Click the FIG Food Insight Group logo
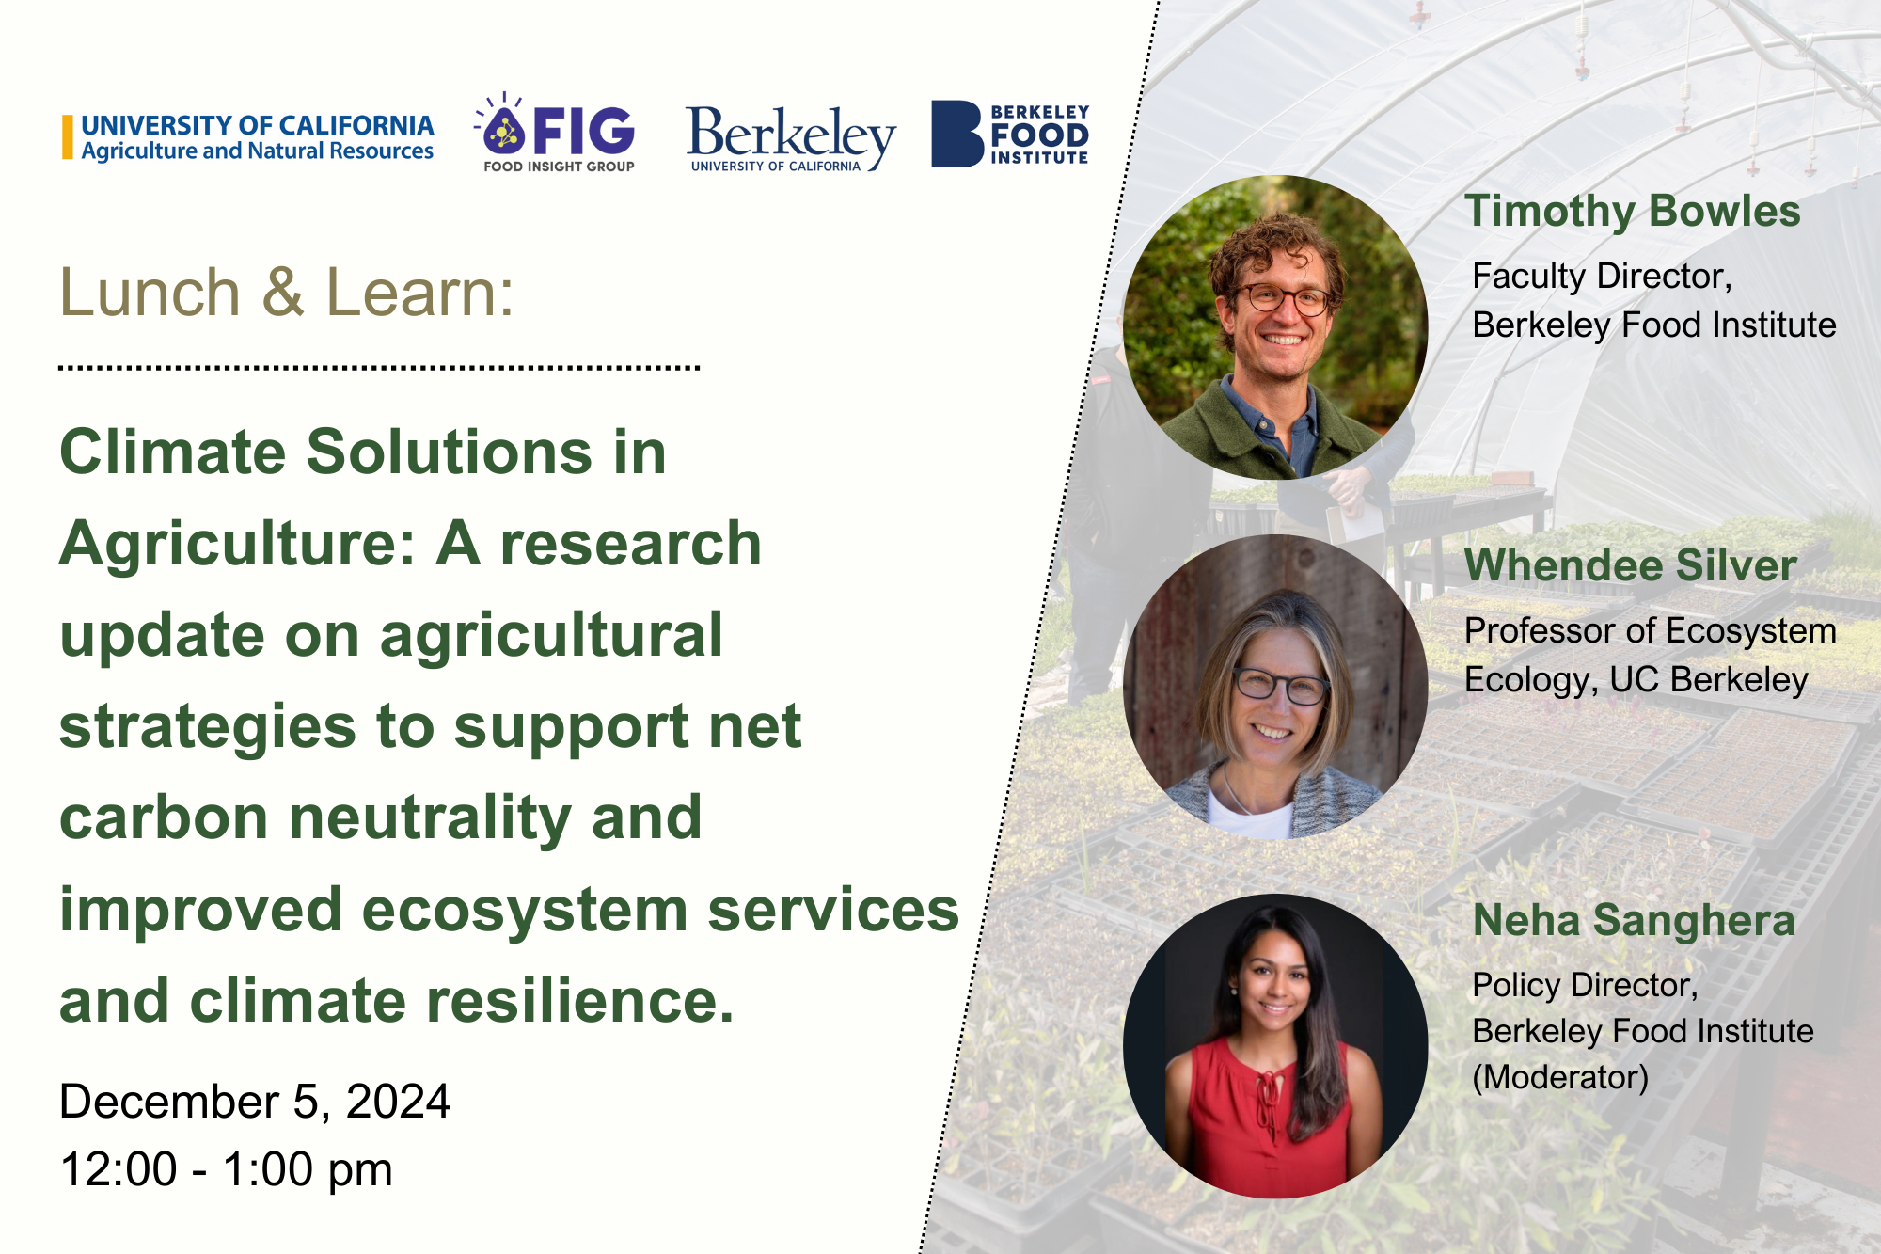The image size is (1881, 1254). (x=555, y=133)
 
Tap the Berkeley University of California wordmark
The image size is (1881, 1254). (x=791, y=138)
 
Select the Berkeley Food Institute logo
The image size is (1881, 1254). (x=1010, y=134)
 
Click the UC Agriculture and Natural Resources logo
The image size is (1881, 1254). (x=248, y=137)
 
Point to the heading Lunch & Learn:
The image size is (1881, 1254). (x=287, y=292)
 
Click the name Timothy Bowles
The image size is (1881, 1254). (x=1633, y=211)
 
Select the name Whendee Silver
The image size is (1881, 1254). (x=1631, y=565)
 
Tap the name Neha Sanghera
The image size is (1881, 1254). (x=1634, y=920)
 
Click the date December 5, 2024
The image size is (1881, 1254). (x=255, y=1102)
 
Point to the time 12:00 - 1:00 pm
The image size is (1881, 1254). (x=226, y=1169)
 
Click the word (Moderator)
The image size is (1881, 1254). (x=1560, y=1077)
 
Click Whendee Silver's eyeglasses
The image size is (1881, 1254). (x=1280, y=686)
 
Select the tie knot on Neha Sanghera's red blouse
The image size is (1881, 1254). (x=1270, y=1077)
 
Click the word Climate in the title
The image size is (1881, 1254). (x=173, y=452)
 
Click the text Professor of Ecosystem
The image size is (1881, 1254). (x=1651, y=631)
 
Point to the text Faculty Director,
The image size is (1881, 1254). (x=1602, y=277)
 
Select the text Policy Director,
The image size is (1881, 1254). (x=1585, y=985)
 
